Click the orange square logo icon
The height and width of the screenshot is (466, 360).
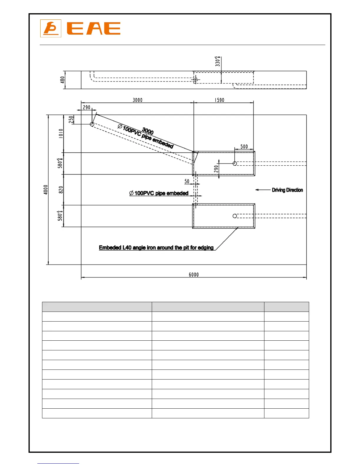pos(51,29)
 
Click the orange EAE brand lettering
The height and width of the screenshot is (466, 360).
pos(94,29)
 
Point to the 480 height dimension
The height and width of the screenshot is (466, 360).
pos(62,80)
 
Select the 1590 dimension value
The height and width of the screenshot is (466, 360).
pos(219,100)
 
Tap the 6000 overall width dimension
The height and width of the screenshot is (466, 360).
pos(194,274)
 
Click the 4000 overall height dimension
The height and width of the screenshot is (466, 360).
pos(46,189)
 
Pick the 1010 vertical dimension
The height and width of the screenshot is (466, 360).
pos(61,133)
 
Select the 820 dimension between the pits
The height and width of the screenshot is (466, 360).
pos(61,190)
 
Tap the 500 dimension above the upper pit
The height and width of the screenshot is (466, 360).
pos(244,147)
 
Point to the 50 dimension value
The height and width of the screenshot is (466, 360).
pos(187,181)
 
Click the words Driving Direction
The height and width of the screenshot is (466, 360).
pos(287,190)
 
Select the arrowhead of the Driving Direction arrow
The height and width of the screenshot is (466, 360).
pos(257,190)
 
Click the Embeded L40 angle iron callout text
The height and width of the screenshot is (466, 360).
pos(156,248)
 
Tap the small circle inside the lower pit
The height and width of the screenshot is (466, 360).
pos(235,216)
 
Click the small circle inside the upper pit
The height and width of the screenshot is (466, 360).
pos(235,164)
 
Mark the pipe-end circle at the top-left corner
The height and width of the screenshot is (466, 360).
pos(92,124)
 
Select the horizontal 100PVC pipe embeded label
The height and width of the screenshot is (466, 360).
pos(159,193)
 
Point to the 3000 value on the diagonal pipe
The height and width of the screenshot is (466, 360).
pos(148,131)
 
